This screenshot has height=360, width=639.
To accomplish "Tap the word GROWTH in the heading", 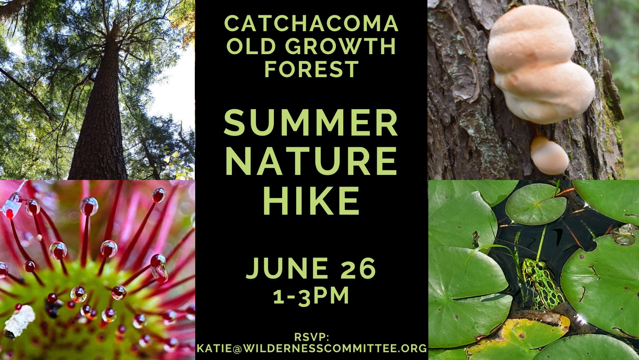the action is pyautogui.click(x=341, y=46).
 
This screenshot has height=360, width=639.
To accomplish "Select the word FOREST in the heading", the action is pyautogui.click(x=312, y=69).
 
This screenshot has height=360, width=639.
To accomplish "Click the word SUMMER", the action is pyautogui.click(x=311, y=122).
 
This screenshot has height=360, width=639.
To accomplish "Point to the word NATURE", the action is pyautogui.click(x=311, y=161).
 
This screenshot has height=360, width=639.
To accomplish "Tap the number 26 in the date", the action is pyautogui.click(x=358, y=268).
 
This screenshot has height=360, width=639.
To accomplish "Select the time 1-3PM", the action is pyautogui.click(x=311, y=296).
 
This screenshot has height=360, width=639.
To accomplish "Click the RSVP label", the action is pyautogui.click(x=312, y=337).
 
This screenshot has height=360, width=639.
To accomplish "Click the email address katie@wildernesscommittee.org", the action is pyautogui.click(x=312, y=348).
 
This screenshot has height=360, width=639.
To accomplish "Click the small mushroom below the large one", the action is pyautogui.click(x=549, y=155).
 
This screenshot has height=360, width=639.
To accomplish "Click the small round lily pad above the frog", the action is pyautogui.click(x=536, y=204).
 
